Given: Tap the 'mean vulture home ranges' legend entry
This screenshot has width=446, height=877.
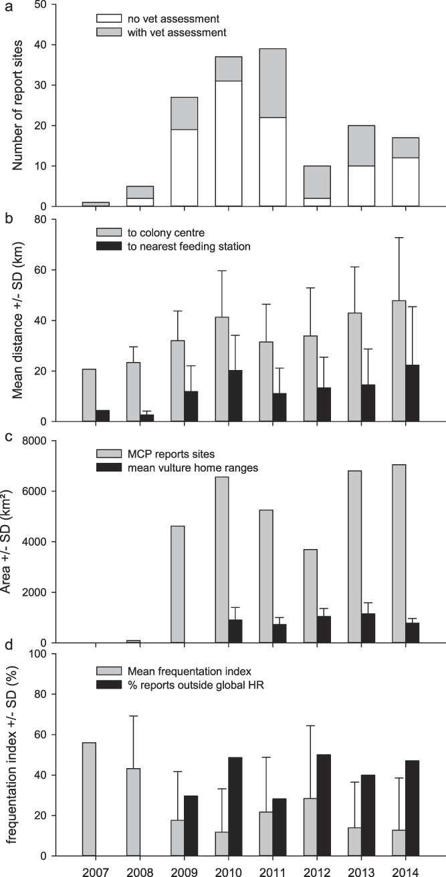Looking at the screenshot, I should coord(182,467).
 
